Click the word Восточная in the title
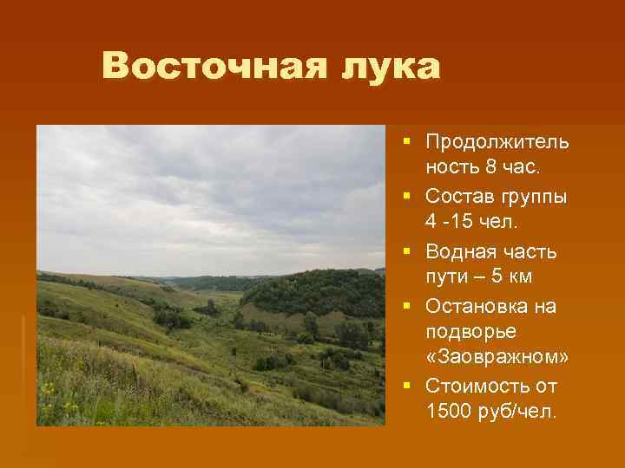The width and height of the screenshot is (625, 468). (207, 67)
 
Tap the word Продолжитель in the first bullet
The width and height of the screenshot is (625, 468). (497, 141)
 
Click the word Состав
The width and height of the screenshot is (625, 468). (459, 197)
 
